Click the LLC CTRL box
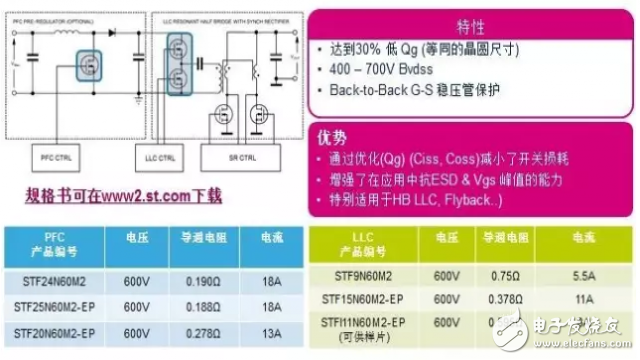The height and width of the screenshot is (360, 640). click(x=156, y=157)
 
